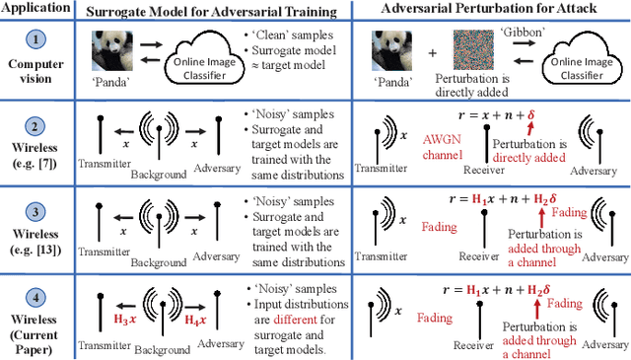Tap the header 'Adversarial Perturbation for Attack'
[x=490, y=11]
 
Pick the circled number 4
[x=35, y=287]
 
